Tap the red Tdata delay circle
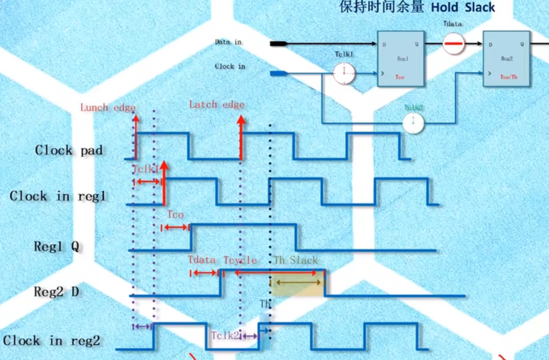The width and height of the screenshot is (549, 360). (x=452, y=44)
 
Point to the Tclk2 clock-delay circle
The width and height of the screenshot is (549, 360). (x=414, y=123)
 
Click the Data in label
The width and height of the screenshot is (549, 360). (x=228, y=42)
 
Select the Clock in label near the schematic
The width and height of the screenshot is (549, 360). (x=229, y=66)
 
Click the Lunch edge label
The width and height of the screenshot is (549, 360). (x=108, y=107)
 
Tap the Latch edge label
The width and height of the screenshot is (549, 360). (x=217, y=105)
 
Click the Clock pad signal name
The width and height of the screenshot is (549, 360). (x=69, y=150)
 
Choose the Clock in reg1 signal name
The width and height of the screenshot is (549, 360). (x=57, y=196)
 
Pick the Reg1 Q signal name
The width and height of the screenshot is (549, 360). (x=56, y=246)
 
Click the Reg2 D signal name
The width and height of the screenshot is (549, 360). (x=56, y=292)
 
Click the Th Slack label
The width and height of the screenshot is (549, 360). (x=296, y=260)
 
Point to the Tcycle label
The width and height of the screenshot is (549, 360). (x=240, y=260)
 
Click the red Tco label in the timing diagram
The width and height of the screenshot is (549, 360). (x=175, y=214)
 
